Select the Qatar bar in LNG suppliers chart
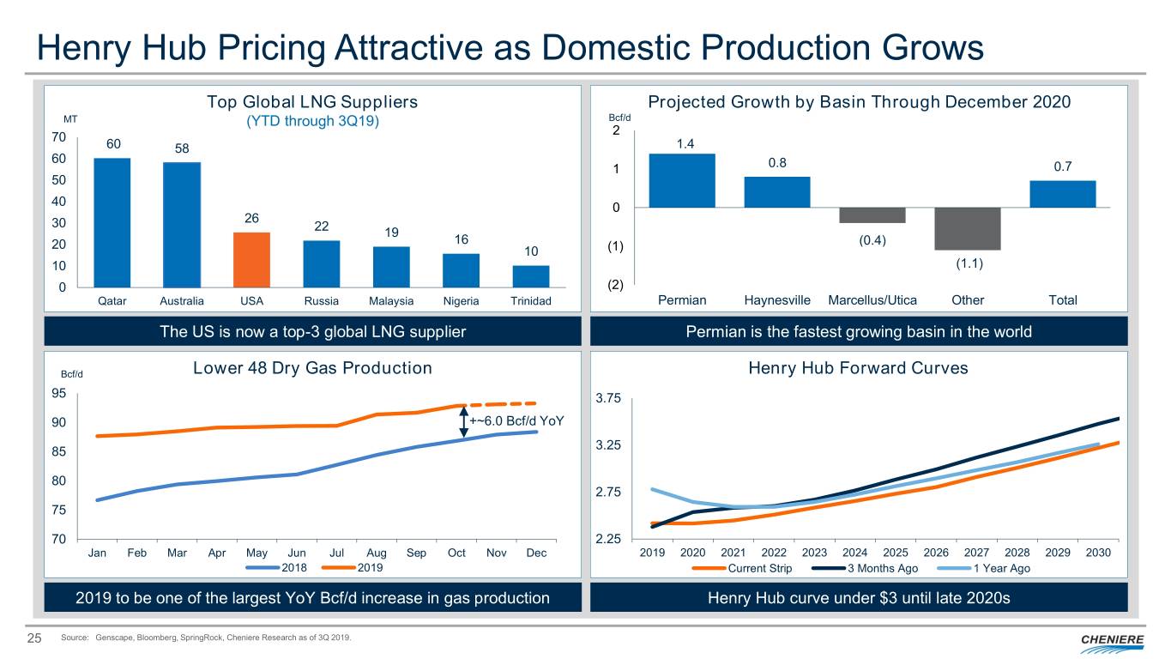pyautogui.click(x=112, y=222)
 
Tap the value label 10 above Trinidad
pyautogui.click(x=530, y=251)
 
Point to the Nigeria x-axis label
pyautogui.click(x=461, y=301)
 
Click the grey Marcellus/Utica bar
pyautogui.click(x=872, y=215)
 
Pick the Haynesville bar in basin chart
pyautogui.click(x=777, y=191)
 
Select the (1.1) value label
pyautogui.click(x=968, y=263)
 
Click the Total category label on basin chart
pyautogui.click(x=1063, y=300)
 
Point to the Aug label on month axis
pyautogui.click(x=377, y=553)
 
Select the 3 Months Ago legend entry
pyautogui.click(x=882, y=568)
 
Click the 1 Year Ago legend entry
pyautogui.click(x=1001, y=568)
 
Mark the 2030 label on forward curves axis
pyautogui.click(x=1098, y=553)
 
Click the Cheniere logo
pyautogui.click(x=1113, y=640)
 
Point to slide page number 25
pyautogui.click(x=36, y=638)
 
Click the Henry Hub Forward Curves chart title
pyautogui.click(x=858, y=368)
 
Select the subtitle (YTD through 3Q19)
pyautogui.click(x=312, y=121)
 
